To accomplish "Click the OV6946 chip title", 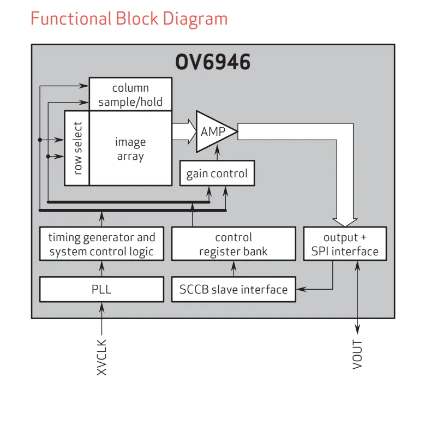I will click(213, 62).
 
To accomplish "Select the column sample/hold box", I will click(130, 95).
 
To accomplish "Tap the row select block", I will click(77, 148).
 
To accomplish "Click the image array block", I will click(130, 148).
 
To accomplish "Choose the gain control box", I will click(217, 174).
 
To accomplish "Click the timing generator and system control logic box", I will click(101, 244).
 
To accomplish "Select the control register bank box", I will click(234, 244).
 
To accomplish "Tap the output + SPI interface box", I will click(345, 244).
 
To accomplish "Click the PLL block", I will click(101, 289).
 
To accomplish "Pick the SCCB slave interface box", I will click(234, 289).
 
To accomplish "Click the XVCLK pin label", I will click(102, 357).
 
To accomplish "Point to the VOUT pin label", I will click(358, 355).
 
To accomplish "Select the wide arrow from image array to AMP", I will click(184, 131).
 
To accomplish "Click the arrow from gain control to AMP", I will click(218, 155).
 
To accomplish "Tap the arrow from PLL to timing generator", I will click(101, 268).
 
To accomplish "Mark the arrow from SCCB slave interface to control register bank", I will click(234, 268).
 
